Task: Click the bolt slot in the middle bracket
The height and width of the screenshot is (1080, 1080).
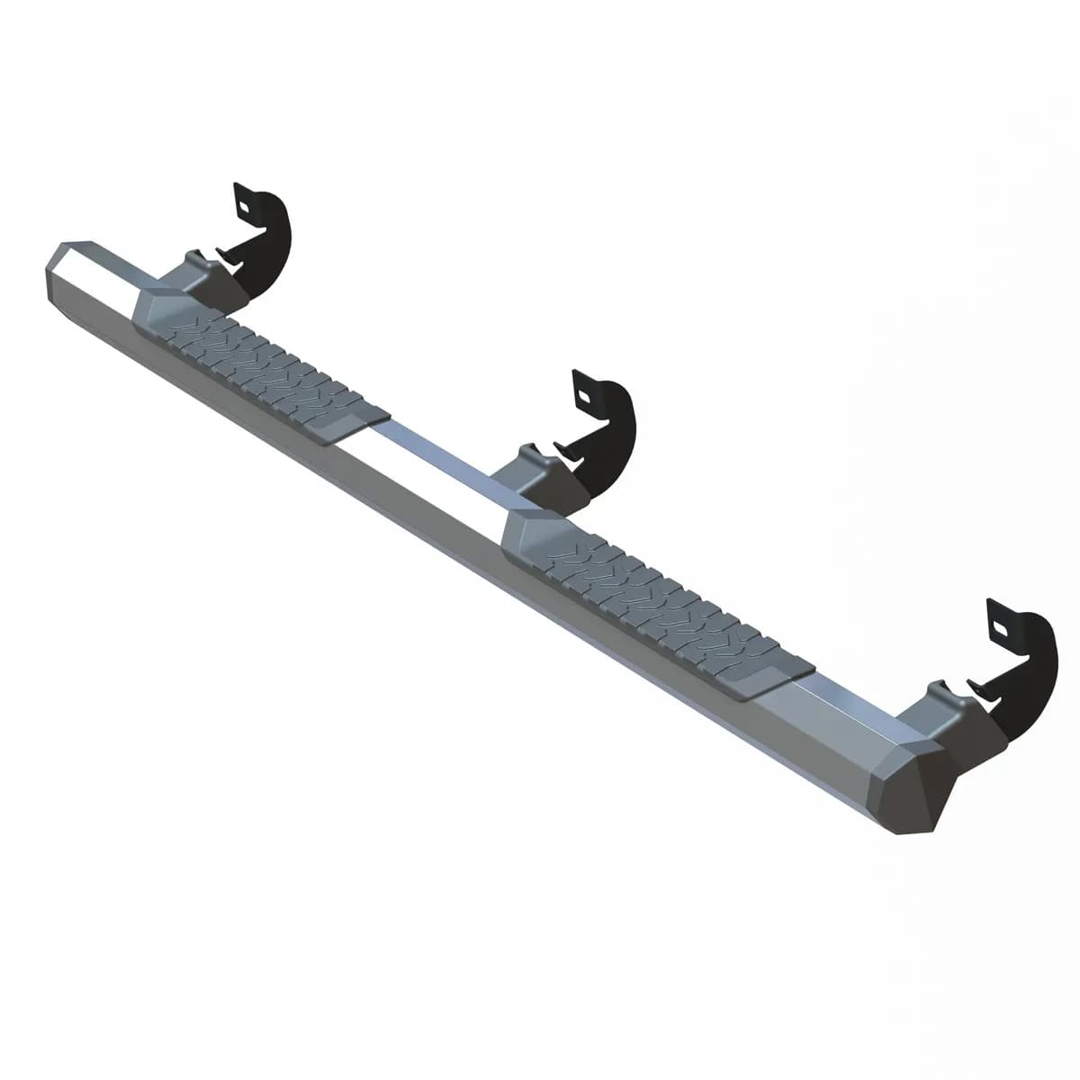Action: click(x=584, y=394)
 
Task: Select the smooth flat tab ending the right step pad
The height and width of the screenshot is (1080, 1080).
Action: click(x=774, y=679)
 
